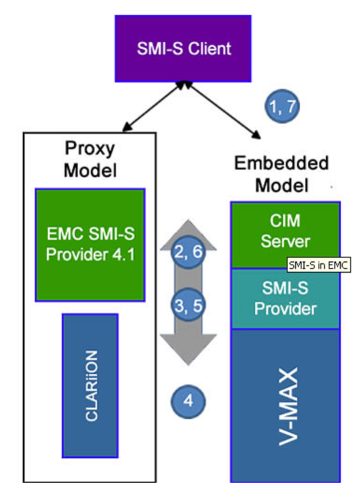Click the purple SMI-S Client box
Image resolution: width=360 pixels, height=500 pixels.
tap(183, 49)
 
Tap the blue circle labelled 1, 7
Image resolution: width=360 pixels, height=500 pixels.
tap(282, 106)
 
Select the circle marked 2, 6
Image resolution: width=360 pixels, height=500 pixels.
tap(188, 251)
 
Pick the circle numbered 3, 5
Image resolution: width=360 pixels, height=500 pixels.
tap(188, 305)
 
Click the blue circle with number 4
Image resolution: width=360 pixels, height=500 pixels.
tap(188, 401)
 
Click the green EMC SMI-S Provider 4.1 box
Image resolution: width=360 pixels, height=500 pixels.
tap(90, 245)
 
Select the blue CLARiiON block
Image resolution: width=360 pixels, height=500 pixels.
tap(90, 386)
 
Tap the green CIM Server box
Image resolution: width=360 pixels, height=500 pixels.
tap(285, 235)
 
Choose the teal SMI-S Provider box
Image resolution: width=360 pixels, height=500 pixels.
tap(285, 299)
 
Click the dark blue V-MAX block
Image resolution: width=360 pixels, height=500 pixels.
tap(285, 406)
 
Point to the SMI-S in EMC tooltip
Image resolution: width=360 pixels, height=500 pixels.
tap(319, 265)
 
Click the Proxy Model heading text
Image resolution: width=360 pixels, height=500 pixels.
tap(90, 159)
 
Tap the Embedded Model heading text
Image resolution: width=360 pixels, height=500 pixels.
tap(281, 174)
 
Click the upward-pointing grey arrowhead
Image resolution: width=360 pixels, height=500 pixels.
tap(188, 235)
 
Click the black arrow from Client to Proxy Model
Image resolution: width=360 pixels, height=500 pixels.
tap(154, 106)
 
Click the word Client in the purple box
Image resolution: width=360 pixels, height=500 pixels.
tap(209, 49)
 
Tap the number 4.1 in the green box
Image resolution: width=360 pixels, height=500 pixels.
tap(124, 255)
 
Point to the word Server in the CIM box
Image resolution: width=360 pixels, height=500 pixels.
tap(285, 241)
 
